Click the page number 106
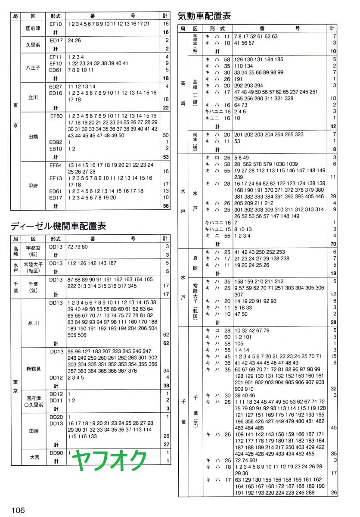point(18,510)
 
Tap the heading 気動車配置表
point(204,16)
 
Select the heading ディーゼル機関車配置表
point(58,226)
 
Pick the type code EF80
point(56,116)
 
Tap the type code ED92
point(56,142)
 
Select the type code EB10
point(56,149)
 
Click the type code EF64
point(56,165)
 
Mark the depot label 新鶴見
point(33,369)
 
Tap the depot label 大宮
point(33,457)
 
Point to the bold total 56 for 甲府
point(165,206)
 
